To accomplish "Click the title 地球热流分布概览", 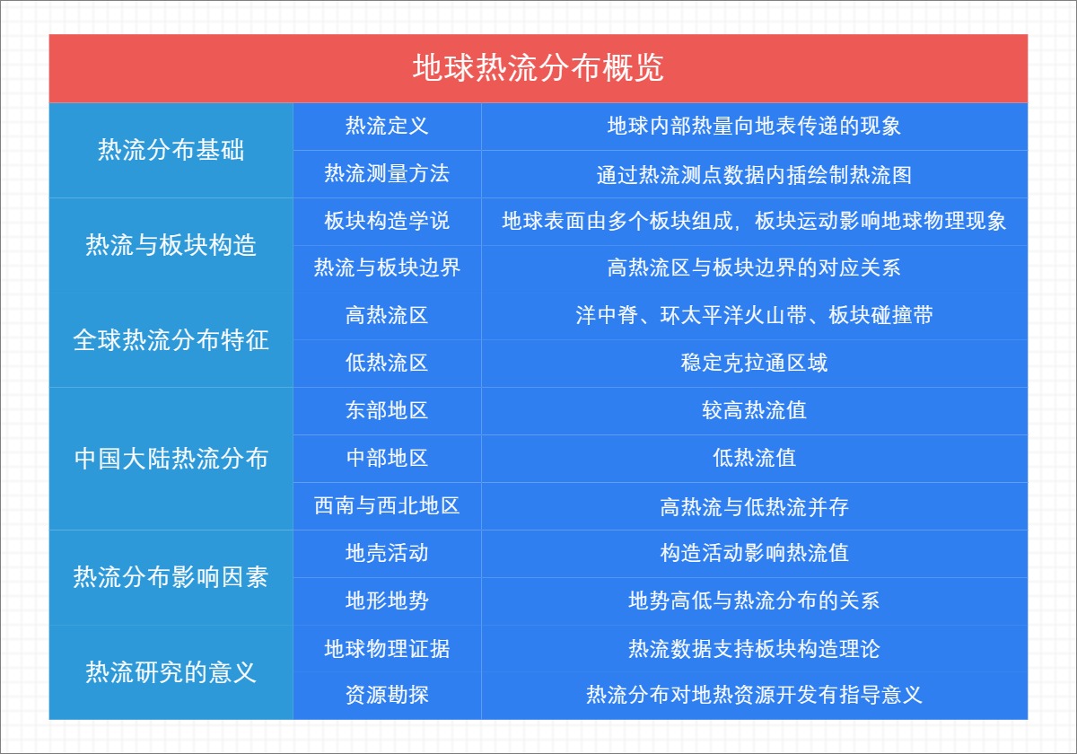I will pos(538,68).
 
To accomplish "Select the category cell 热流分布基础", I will pos(171,150).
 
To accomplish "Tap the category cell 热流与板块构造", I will pos(171,244).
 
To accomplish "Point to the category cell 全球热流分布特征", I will pos(171,340).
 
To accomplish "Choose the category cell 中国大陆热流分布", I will pos(171,459).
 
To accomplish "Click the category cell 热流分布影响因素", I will pos(171,576).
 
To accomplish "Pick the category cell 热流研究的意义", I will pos(171,671).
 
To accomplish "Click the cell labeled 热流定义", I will pos(387,126).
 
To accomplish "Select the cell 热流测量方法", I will pos(387,173).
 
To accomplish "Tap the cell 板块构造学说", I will pos(387,221).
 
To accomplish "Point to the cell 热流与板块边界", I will pos(387,267).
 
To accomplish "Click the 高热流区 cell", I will pos(387,315).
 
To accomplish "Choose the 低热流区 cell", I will pos(387,363).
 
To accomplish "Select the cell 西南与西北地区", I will pos(387,505).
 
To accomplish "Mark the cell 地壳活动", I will pos(387,553).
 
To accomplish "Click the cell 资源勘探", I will pos(387,695).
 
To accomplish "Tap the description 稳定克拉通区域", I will pos(754,363).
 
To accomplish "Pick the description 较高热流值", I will pos(754,410).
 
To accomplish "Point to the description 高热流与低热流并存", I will pos(754,506).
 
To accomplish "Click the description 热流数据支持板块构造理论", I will pos(754,648).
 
